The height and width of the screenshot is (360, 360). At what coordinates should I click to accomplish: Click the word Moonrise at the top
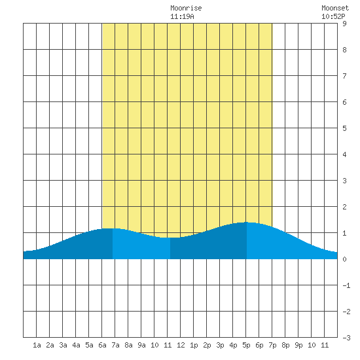coord(186,8)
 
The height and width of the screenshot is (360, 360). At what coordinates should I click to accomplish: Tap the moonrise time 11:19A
coord(182,16)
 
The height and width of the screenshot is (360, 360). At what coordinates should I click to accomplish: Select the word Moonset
coord(335,8)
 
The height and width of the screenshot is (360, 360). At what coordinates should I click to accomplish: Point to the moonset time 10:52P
coord(333,16)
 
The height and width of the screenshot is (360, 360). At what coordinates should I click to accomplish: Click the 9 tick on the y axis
coord(344,24)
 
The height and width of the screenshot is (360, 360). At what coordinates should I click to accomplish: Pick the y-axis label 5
coord(344,128)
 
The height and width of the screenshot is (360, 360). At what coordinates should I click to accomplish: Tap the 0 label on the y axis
coord(344,259)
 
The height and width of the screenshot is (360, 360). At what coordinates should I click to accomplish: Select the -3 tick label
coord(346,338)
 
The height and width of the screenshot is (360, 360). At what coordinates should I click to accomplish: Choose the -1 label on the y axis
coord(346,285)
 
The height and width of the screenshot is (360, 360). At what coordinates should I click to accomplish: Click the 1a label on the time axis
coord(37,345)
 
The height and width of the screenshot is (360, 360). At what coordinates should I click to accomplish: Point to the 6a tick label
coord(102,345)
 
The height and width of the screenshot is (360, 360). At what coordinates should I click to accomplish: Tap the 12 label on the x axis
coord(181,345)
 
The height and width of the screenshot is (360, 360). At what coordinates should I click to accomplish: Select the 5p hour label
coord(246,345)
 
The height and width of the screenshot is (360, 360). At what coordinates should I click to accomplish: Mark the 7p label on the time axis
coord(272,345)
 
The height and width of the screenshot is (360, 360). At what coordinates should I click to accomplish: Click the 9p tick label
coord(298,345)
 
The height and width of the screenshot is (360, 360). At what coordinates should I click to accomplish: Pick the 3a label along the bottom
coord(63,345)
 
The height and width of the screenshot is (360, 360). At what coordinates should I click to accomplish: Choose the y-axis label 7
coord(344,76)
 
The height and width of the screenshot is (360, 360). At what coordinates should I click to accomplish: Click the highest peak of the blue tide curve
coord(247,223)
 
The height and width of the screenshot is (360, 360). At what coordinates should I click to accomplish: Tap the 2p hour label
coord(207,345)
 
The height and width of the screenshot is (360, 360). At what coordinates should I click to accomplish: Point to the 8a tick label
coord(128,345)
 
